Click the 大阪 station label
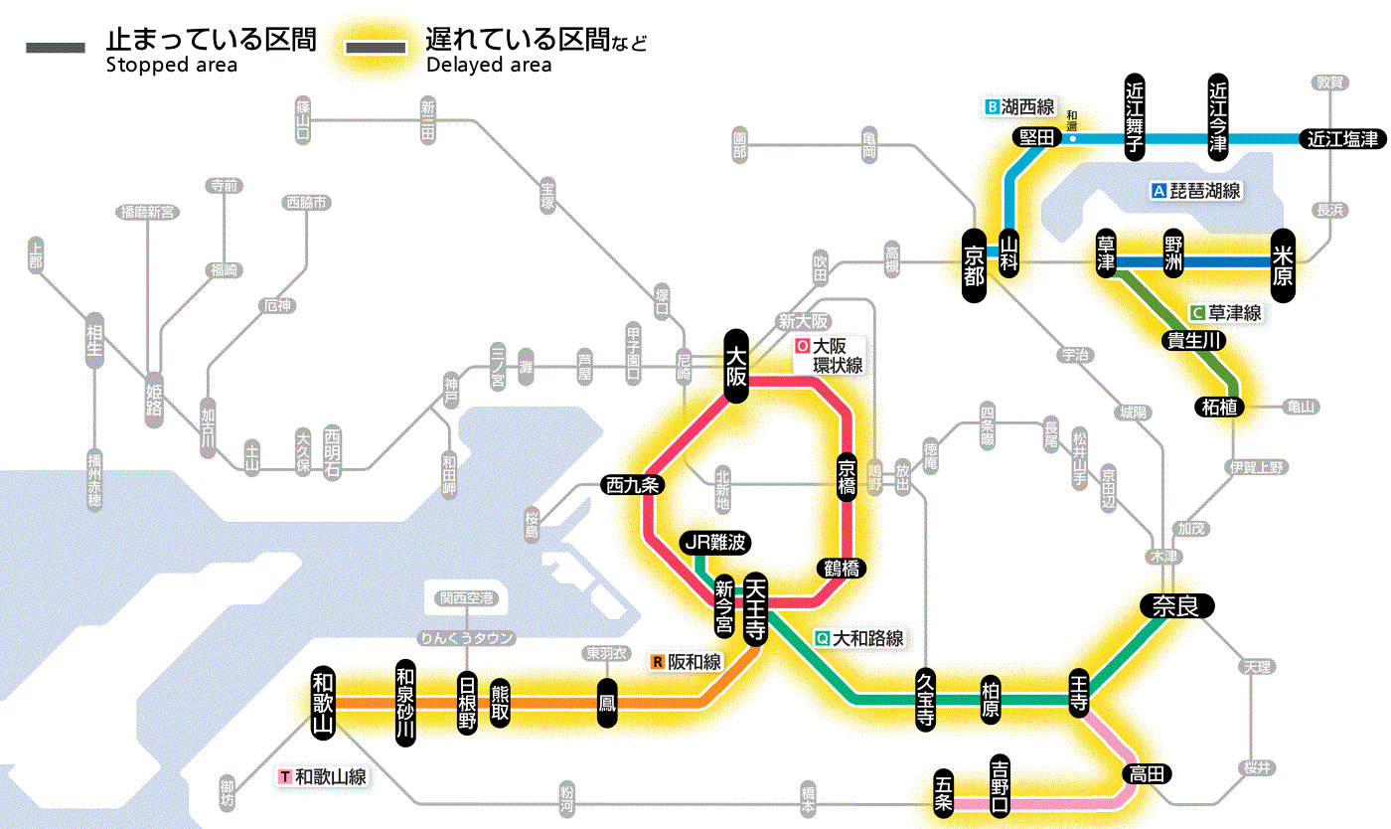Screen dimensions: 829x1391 pyautogui.click(x=736, y=366)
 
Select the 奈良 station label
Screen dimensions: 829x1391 pyautogui.click(x=1176, y=605)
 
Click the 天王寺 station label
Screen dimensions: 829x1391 pyautogui.click(x=754, y=607)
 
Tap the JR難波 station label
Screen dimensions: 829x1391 pyautogui.click(x=715, y=543)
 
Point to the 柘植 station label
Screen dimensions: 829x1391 pyautogui.click(x=1221, y=407)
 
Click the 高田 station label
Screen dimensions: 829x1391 pyautogui.click(x=1147, y=774)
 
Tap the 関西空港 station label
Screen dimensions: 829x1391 pyautogui.click(x=473, y=598)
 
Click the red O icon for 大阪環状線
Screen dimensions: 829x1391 pyautogui.click(x=803, y=347)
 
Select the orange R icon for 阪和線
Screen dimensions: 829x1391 pyautogui.click(x=658, y=661)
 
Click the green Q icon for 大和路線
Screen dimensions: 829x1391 pyautogui.click(x=823, y=638)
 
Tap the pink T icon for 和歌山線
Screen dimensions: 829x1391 pyautogui.click(x=286, y=777)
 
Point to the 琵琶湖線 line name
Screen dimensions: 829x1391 pyautogui.click(x=1205, y=191)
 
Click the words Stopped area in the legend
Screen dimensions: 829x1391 pyautogui.click(x=172, y=66)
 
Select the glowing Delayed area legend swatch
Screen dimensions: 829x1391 pyautogui.click(x=375, y=48)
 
